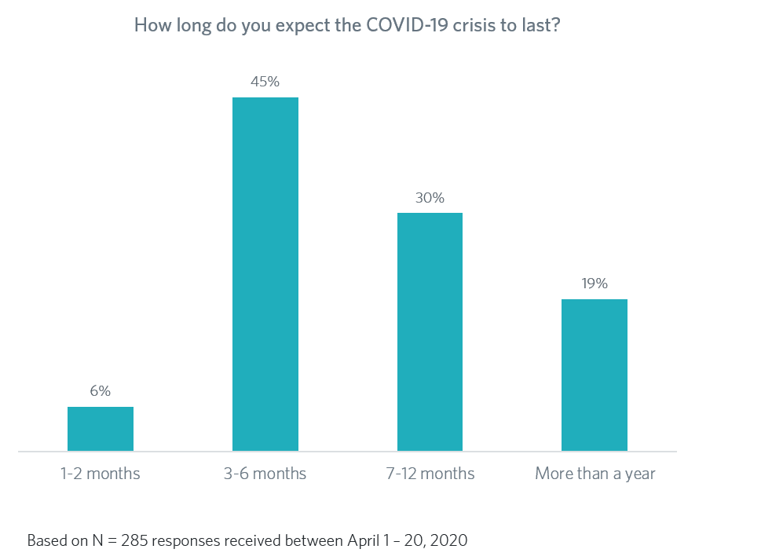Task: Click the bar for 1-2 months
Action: tap(100, 429)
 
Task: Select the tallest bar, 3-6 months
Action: tap(265, 274)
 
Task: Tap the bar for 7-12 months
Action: tap(430, 331)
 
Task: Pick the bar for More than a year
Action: tap(595, 375)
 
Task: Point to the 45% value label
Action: tap(265, 81)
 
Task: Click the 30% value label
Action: tap(430, 197)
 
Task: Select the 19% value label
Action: tap(595, 284)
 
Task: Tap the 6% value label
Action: tap(100, 390)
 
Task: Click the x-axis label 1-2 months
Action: tap(100, 474)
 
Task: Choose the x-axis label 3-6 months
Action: tap(265, 474)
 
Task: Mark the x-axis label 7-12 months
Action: tap(430, 474)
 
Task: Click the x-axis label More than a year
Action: tap(595, 474)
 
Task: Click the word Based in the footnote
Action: tap(45, 541)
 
